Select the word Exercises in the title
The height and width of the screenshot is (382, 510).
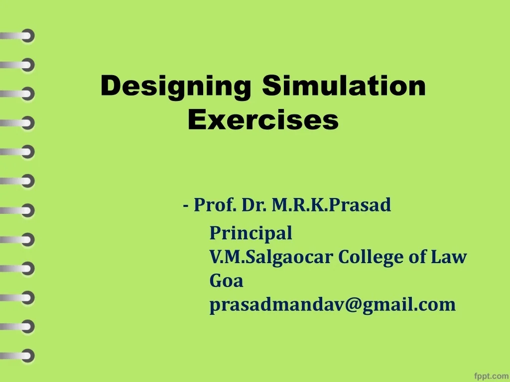(x=263, y=120)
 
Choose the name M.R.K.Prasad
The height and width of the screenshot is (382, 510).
(x=331, y=204)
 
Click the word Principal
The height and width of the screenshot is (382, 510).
(x=251, y=233)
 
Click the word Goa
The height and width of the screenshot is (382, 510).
(x=227, y=281)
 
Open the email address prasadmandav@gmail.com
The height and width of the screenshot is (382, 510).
(x=332, y=305)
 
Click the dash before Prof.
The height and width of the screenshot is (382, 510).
(x=186, y=205)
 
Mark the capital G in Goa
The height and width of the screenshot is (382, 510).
(x=216, y=281)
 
